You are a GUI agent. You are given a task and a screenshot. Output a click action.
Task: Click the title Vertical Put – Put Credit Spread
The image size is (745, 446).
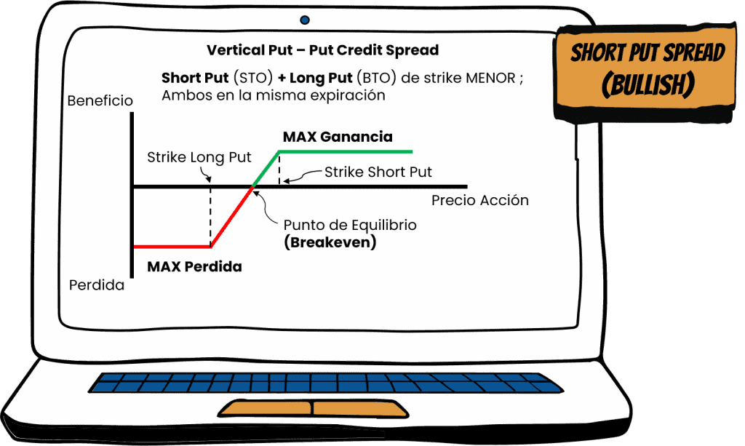(x=322, y=50)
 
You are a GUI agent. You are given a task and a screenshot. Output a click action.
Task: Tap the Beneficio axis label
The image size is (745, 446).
(x=100, y=101)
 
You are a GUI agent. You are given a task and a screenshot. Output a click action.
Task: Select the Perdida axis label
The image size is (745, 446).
(x=97, y=285)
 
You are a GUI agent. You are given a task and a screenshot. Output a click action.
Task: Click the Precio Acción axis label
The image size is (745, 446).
(x=479, y=200)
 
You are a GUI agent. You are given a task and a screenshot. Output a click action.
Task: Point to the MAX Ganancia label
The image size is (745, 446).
(x=338, y=137)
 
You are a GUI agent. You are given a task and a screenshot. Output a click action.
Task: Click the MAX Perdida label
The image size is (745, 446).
(x=194, y=266)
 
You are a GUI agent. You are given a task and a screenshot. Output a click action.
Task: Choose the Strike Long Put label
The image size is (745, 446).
(x=199, y=157)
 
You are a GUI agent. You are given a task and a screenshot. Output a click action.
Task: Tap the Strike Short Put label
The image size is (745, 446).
(x=378, y=172)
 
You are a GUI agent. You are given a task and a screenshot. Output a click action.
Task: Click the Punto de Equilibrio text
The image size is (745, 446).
(x=350, y=226)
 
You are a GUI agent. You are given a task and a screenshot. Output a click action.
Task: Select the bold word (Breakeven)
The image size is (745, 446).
(x=330, y=242)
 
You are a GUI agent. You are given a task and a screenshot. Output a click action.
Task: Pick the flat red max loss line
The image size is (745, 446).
(x=172, y=247)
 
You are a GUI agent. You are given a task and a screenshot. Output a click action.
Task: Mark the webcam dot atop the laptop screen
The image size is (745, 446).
(x=304, y=20)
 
